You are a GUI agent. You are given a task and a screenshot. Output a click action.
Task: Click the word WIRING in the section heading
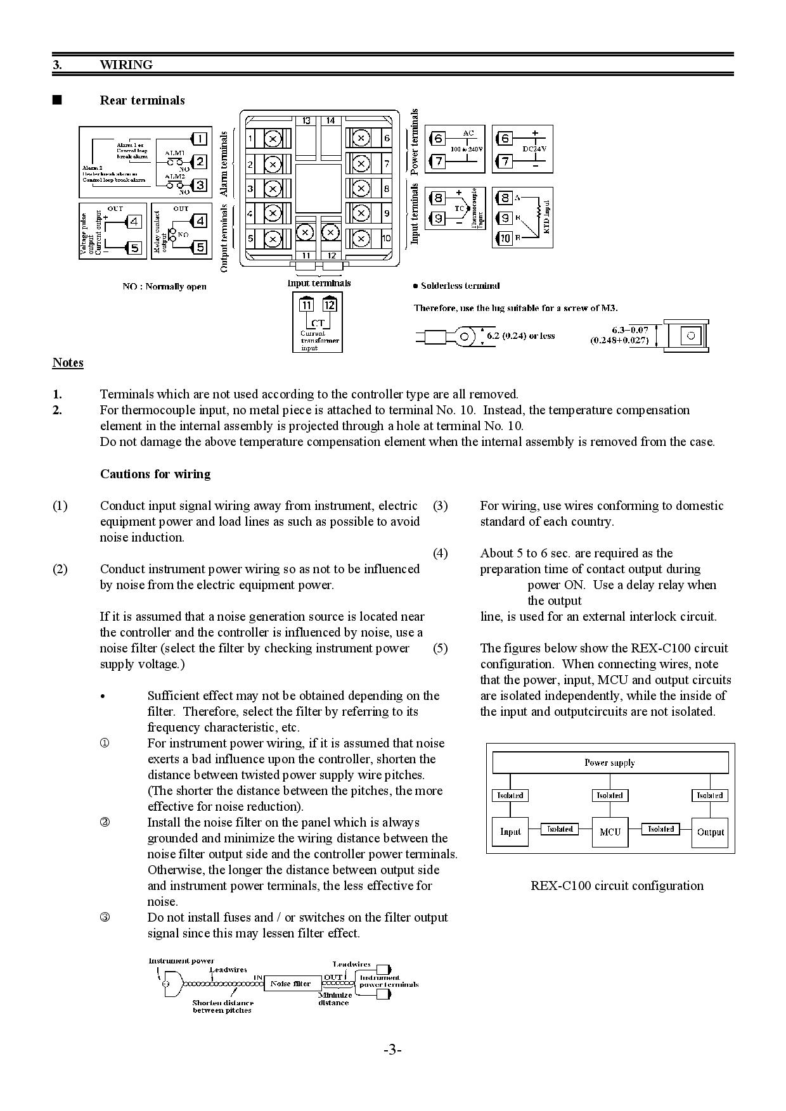[126, 65]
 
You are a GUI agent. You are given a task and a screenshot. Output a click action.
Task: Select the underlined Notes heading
[68, 362]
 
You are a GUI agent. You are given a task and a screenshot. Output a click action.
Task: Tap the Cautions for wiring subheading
[155, 474]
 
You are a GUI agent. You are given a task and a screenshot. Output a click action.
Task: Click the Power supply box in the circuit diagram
[610, 763]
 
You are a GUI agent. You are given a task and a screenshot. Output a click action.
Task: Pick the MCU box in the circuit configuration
[610, 832]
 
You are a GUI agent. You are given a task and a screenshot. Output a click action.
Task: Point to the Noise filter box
[291, 983]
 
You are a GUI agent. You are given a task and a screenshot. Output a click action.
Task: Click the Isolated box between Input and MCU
[560, 828]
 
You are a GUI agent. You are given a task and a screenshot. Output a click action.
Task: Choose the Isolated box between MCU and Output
[660, 828]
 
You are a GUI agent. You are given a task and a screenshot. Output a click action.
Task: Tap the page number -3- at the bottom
[392, 1050]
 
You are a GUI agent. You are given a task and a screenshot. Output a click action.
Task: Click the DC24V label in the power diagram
[534, 148]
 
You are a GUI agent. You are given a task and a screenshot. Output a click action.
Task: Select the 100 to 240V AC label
[467, 148]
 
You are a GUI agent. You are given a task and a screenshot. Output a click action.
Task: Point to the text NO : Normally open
[164, 286]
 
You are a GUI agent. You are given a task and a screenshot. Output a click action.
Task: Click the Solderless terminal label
[460, 286]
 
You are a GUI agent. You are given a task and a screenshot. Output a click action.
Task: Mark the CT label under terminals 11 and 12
[318, 323]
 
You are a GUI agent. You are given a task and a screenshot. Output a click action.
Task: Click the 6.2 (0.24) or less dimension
[520, 336]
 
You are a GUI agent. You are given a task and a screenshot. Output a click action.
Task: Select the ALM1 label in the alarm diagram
[175, 153]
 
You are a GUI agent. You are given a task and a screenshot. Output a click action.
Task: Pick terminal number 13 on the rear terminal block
[306, 120]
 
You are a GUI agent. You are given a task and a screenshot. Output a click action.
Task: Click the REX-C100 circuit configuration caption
[617, 886]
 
